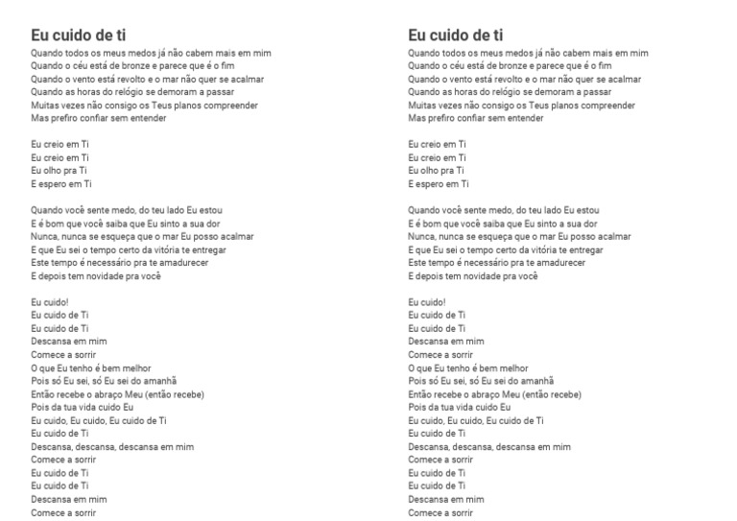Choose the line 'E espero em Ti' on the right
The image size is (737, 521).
pos(439,183)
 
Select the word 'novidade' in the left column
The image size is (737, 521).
pos(99,276)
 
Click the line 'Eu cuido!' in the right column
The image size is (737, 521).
pos(427,301)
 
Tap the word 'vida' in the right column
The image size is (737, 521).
pos(468,407)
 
